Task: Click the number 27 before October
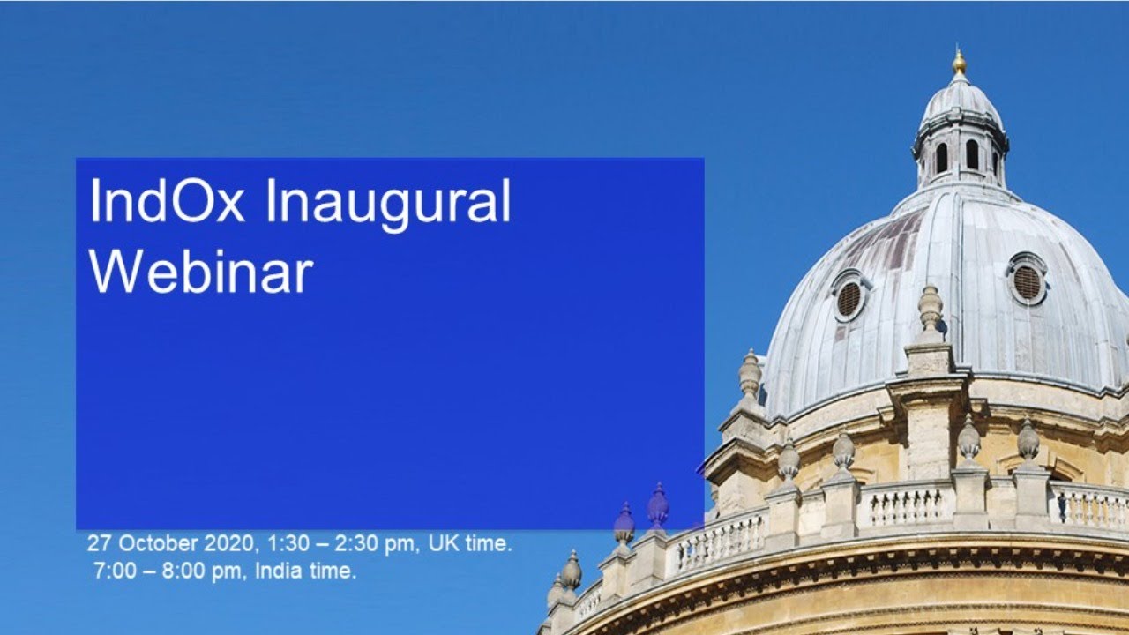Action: coord(99,543)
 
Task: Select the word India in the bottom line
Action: coord(278,571)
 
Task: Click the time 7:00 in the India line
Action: coord(115,571)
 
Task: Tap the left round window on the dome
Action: coord(849,298)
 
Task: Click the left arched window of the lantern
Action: coord(941,158)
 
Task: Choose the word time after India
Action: coord(332,571)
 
